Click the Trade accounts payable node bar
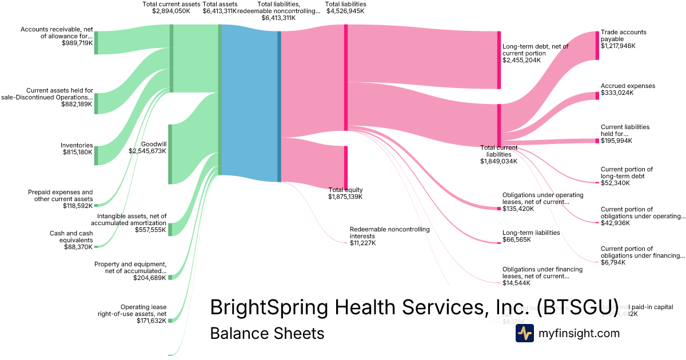[597, 45]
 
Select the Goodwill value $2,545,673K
[147, 151]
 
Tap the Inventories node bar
[96, 155]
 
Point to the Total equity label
[345, 190]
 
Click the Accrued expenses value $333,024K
[617, 93]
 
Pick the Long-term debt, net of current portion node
[498, 60]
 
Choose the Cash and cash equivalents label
[71, 237]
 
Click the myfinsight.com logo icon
[524, 333]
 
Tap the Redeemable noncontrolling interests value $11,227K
[363, 243]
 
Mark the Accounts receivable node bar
[96, 43]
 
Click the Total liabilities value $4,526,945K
[345, 11]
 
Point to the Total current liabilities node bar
[498, 125]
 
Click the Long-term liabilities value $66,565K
[517, 240]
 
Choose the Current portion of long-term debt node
[597, 183]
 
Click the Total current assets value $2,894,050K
[171, 11]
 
